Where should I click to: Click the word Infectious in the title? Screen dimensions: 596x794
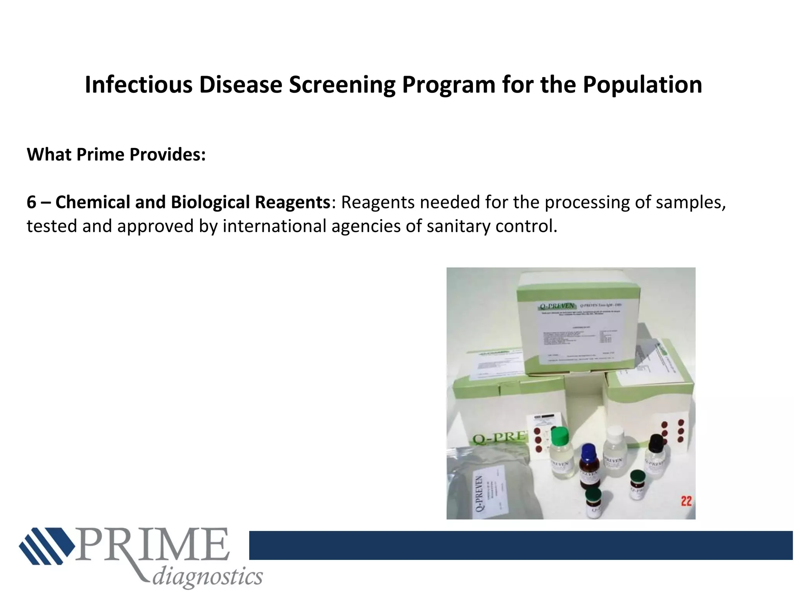138,85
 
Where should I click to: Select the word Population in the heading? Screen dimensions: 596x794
642,85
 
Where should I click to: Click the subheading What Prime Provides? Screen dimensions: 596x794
116,154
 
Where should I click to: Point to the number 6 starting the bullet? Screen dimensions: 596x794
31,202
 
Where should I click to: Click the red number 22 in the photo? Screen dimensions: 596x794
686,501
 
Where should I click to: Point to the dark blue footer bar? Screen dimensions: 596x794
520,545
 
